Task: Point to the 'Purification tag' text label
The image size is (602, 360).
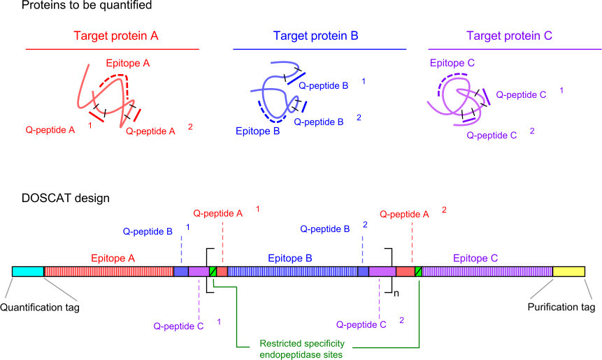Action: click(x=561, y=307)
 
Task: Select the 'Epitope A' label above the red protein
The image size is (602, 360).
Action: click(x=128, y=64)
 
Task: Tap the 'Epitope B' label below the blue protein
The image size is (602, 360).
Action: click(x=257, y=131)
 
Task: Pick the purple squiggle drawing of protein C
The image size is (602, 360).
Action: click(x=458, y=101)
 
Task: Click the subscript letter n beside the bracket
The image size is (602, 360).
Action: click(x=396, y=294)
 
